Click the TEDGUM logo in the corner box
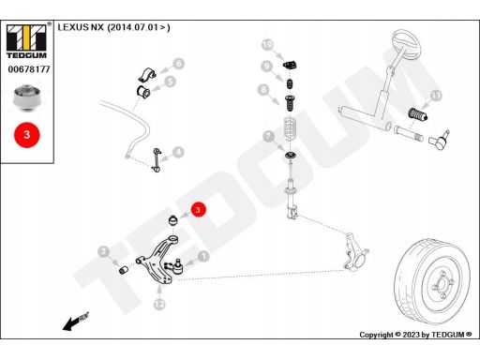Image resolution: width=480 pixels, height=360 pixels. pyautogui.click(x=27, y=41)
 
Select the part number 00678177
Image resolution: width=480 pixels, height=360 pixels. pyautogui.click(x=29, y=69)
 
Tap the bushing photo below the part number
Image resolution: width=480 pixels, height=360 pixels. pyautogui.click(x=27, y=97)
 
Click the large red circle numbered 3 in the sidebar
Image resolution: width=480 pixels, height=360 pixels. pyautogui.click(x=27, y=135)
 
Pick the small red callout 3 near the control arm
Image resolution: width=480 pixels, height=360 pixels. pyautogui.click(x=198, y=210)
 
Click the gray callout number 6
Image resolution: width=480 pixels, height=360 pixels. pyautogui.click(x=178, y=64)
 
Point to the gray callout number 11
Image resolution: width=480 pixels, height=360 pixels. pyautogui.click(x=436, y=96)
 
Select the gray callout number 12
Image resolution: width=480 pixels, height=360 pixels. pyautogui.click(x=159, y=304)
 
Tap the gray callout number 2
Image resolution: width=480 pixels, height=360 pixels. pyautogui.click(x=103, y=251)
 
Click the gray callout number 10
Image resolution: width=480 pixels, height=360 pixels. pyautogui.click(x=267, y=45)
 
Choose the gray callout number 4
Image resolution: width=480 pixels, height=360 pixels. pyautogui.click(x=178, y=153)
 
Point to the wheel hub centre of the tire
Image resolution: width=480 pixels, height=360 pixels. pyautogui.click(x=442, y=284)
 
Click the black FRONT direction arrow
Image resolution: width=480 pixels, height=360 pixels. pyautogui.click(x=76, y=321)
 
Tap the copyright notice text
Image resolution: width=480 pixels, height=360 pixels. pyautogui.click(x=415, y=335)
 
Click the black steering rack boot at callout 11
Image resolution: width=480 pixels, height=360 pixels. pyautogui.click(x=418, y=114)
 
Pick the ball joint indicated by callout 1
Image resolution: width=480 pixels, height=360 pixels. pyautogui.click(x=174, y=266)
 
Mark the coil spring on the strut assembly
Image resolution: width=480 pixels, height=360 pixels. pyautogui.click(x=290, y=128)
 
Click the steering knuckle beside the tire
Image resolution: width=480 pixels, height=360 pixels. pyautogui.click(x=355, y=250)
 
